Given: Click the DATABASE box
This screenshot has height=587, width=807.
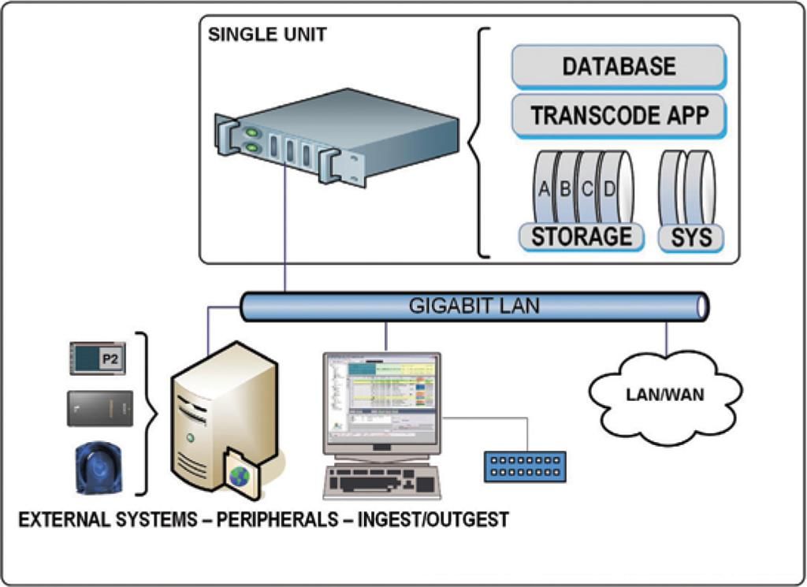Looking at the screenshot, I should pyautogui.click(x=619, y=66).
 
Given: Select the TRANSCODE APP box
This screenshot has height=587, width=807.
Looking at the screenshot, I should pyautogui.click(x=619, y=115).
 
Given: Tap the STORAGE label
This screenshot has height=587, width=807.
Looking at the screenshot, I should pyautogui.click(x=581, y=236).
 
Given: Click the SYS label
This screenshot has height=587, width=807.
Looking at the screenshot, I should pyautogui.click(x=691, y=237).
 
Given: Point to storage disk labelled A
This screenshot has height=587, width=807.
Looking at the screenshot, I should pyautogui.click(x=543, y=189).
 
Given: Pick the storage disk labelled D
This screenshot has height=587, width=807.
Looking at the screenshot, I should pyautogui.click(x=609, y=189).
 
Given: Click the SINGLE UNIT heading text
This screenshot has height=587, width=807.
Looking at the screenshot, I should pyautogui.click(x=266, y=35).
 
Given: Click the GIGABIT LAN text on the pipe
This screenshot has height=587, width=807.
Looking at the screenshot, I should pyautogui.click(x=474, y=306).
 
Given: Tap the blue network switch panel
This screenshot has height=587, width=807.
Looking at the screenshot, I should pyautogui.click(x=524, y=466).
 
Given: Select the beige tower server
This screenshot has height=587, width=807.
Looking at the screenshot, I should pyautogui.click(x=221, y=418).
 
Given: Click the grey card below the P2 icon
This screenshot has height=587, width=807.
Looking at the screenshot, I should pyautogui.click(x=100, y=408).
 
